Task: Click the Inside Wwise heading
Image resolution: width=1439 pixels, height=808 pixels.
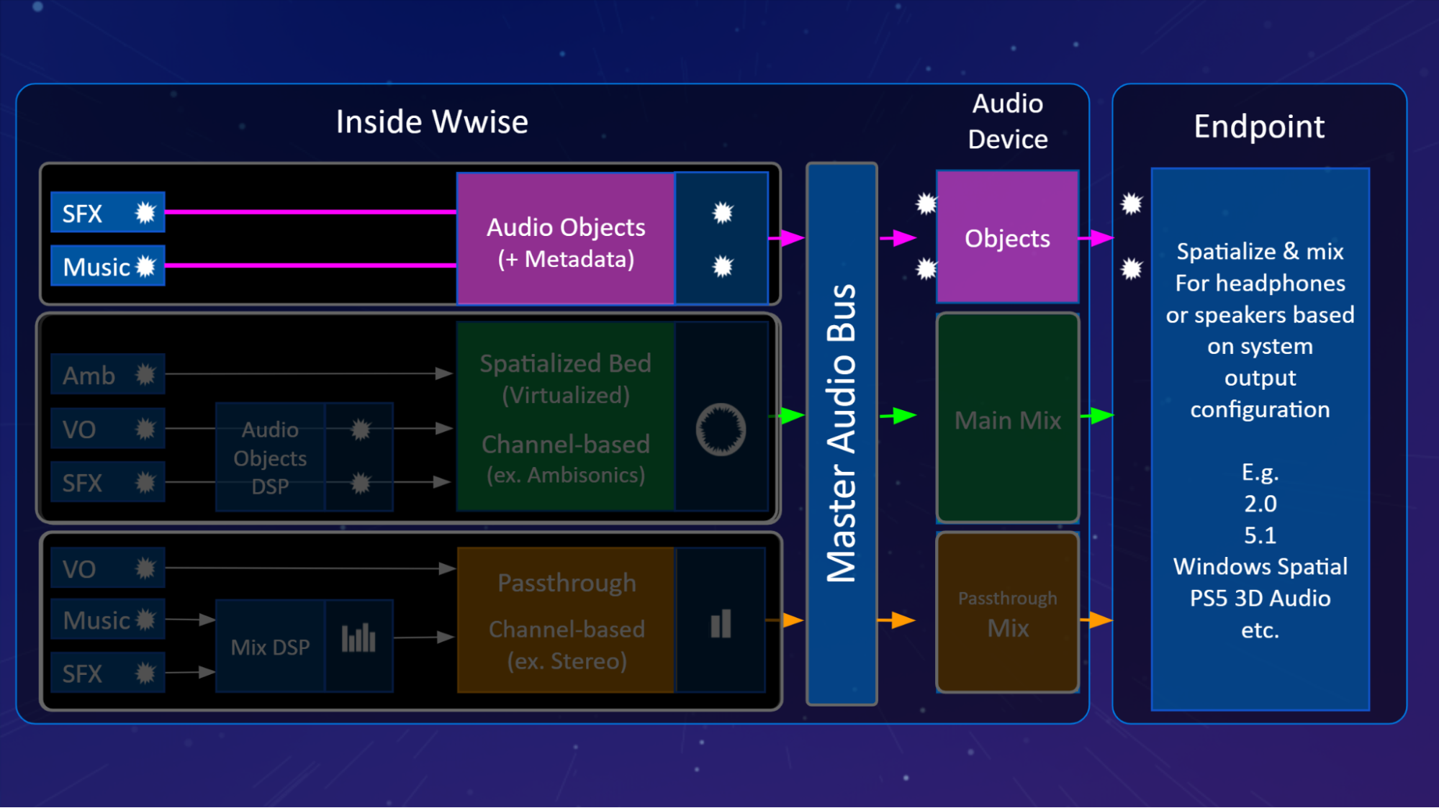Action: [x=432, y=122]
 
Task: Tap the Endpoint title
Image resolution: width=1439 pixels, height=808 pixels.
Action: [x=1258, y=127]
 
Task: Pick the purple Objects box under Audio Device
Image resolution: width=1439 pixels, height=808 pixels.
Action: [x=1007, y=238]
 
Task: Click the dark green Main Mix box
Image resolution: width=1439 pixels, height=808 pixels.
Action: [x=1007, y=419]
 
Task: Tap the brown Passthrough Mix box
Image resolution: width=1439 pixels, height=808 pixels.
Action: [x=1007, y=614]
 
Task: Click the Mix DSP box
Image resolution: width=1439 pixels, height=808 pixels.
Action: [x=270, y=647]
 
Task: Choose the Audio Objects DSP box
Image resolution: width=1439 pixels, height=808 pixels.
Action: [x=270, y=458]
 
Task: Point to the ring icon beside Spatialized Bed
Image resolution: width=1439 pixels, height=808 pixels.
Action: [x=721, y=430]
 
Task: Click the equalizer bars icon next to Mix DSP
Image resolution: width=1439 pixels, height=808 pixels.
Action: [x=358, y=637]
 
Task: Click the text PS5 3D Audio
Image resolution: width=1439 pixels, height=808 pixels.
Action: [x=1260, y=598]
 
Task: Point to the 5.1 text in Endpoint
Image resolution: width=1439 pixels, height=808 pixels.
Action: [x=1260, y=535]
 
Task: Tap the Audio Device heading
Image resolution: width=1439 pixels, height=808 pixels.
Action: [x=1007, y=122]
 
